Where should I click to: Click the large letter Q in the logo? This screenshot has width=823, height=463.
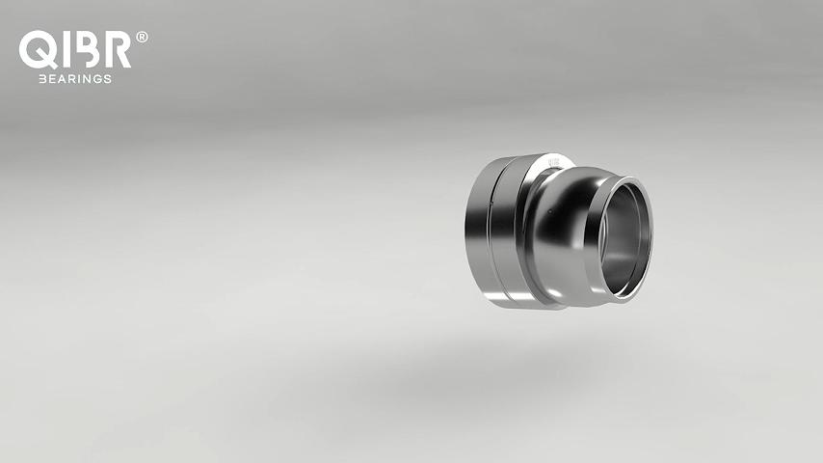(38, 49)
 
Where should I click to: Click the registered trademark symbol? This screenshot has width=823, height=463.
(142, 37)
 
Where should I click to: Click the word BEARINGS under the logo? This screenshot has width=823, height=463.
(75, 79)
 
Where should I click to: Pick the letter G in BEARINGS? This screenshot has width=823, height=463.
(97, 79)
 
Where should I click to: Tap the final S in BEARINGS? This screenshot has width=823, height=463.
(108, 79)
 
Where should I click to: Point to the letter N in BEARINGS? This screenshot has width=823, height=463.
(86, 79)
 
